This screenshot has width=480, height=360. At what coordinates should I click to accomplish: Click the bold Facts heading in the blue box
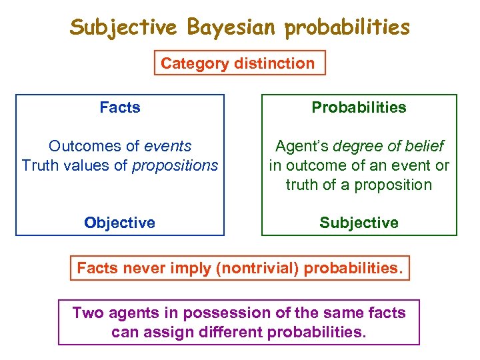point(120,107)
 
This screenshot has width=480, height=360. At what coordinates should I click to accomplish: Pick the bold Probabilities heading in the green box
point(359,107)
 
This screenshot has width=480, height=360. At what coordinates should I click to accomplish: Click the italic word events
point(167,146)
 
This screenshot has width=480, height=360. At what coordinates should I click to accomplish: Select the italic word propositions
point(175,165)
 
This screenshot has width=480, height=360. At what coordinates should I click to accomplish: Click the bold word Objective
point(120,223)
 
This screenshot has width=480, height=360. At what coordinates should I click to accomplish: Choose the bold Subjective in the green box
point(359,223)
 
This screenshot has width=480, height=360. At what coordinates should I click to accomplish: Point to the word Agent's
point(302,146)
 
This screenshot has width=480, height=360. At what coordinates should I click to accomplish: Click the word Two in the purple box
point(87,313)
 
